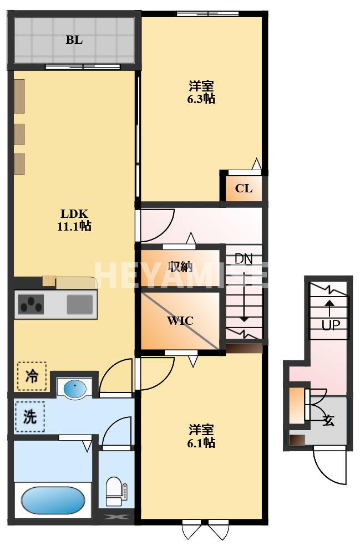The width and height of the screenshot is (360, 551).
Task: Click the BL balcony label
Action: (74, 40)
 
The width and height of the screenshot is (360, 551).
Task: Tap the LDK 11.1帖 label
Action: (74, 220)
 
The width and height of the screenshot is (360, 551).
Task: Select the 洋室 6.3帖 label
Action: (201, 92)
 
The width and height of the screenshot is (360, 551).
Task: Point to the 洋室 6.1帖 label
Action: (201, 436)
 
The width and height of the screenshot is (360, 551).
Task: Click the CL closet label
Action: (244, 188)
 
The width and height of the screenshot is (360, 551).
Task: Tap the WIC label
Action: (180, 321)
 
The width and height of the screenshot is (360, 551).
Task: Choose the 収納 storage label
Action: (180, 267)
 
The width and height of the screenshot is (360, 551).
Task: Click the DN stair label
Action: (244, 259)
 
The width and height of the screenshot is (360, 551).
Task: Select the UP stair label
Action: (331, 325)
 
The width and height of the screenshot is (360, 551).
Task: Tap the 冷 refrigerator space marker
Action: (32, 376)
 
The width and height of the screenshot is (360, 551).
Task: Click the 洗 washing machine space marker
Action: (30, 417)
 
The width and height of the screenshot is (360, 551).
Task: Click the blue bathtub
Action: (53, 501)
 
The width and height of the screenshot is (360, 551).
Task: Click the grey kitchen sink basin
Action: (80, 304)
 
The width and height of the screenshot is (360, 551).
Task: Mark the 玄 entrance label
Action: (329, 420)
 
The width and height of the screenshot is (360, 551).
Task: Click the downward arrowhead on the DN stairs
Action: (244, 319)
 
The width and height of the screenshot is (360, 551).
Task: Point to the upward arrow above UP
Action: (329, 308)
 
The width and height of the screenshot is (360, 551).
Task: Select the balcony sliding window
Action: (83, 67)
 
